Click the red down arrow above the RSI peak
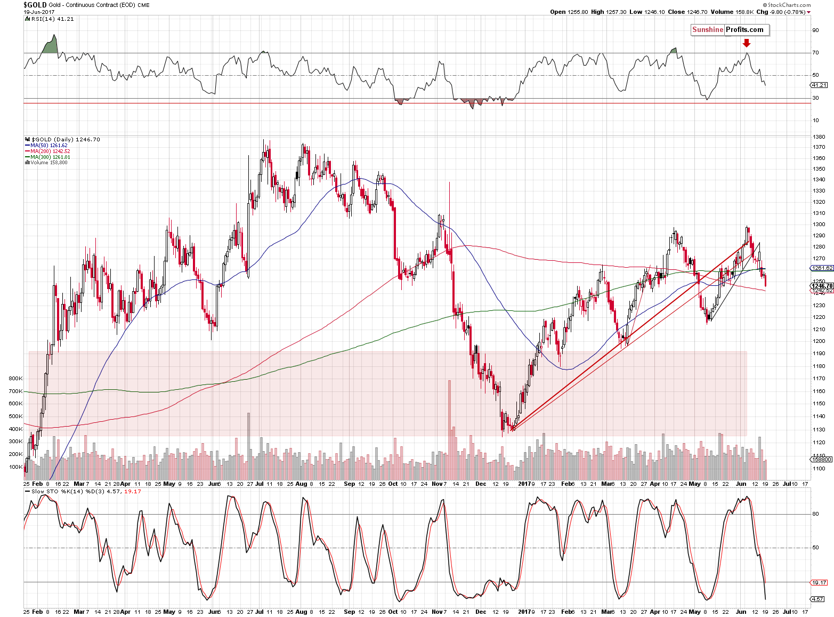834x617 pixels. point(746,43)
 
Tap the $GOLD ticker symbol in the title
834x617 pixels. point(35,5)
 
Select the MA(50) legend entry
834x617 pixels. point(48,146)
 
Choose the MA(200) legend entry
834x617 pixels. point(50,151)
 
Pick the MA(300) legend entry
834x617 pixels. point(50,157)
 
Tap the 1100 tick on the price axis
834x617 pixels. point(819,469)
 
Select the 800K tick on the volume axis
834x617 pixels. point(15,379)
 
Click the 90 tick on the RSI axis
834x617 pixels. point(815,30)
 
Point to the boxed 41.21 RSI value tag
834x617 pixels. point(819,85)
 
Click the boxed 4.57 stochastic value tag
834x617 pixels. point(818,599)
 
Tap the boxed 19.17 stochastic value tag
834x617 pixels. point(819,583)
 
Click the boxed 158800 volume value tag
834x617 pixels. point(821,459)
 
